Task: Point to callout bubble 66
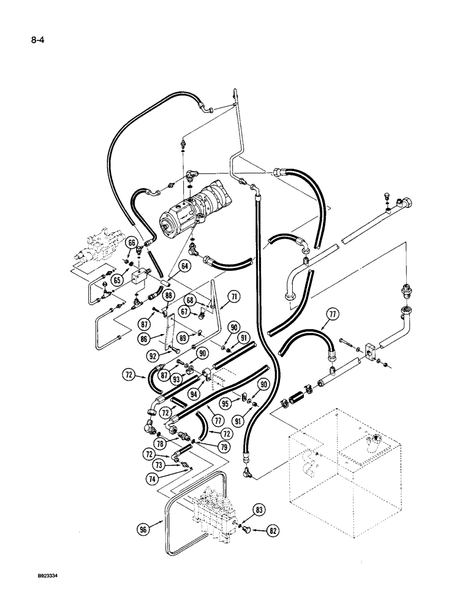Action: coord(131,243)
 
